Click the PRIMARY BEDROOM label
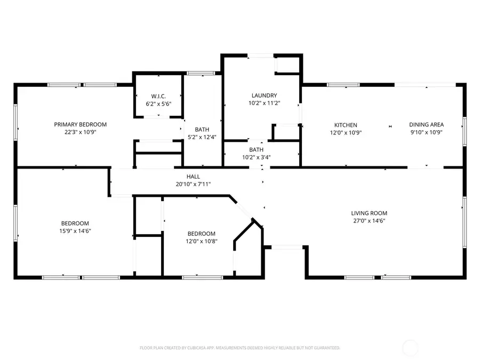click(x=80, y=124)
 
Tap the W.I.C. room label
click(x=158, y=96)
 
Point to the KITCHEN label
click(x=346, y=125)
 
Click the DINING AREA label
click(x=426, y=125)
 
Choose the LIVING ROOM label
click(x=369, y=213)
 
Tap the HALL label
click(x=193, y=177)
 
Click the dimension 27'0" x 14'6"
click(x=369, y=220)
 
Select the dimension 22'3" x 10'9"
click(x=80, y=132)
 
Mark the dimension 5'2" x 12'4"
click(x=202, y=137)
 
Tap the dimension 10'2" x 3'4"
click(x=256, y=157)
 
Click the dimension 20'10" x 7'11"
click(x=193, y=184)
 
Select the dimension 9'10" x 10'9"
click(x=426, y=132)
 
